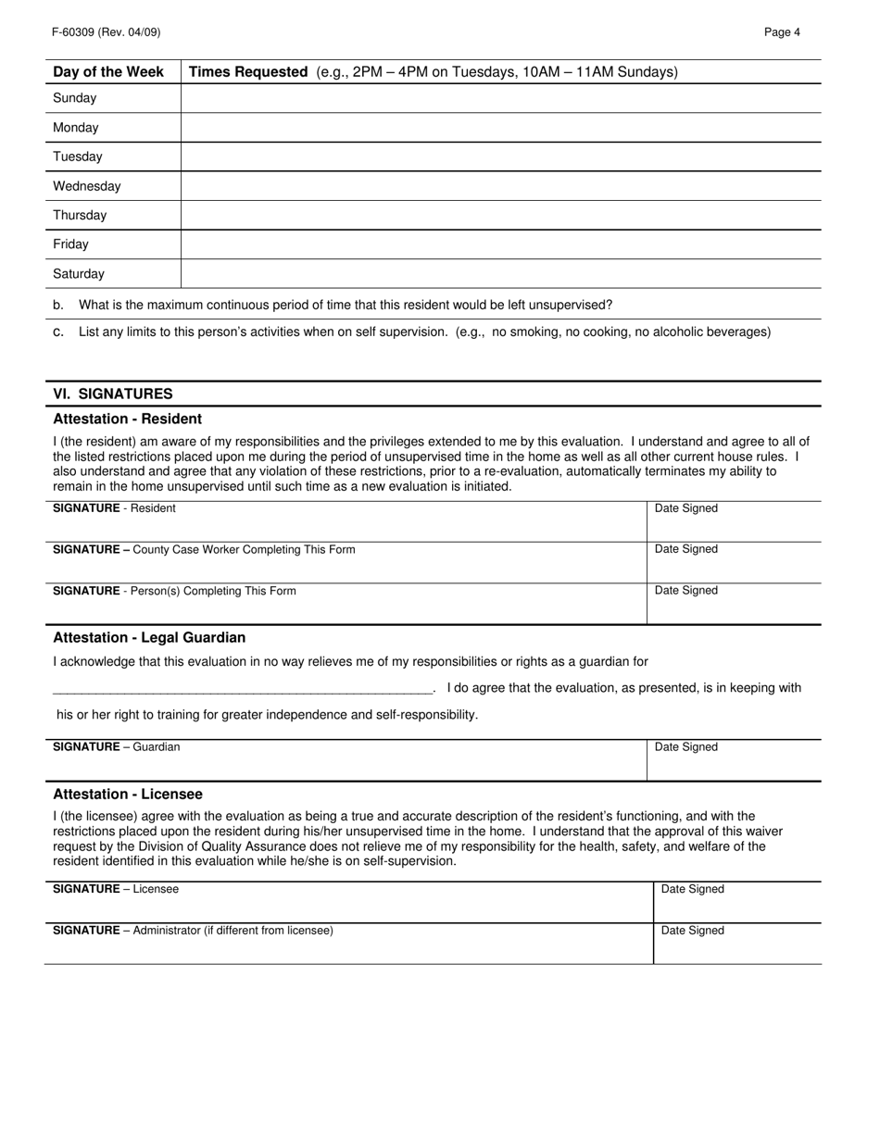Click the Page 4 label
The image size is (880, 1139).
tap(782, 32)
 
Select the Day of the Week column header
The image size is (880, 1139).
tap(108, 72)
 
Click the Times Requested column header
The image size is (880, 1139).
tap(248, 72)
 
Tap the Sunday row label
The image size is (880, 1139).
tap(75, 98)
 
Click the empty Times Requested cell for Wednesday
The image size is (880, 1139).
tap(500, 186)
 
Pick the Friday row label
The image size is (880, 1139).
tap(71, 244)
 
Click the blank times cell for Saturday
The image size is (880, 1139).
tap(500, 274)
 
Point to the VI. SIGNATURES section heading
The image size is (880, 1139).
tap(113, 394)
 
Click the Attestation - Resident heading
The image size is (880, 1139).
tap(127, 419)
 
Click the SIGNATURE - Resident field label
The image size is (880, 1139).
tap(114, 508)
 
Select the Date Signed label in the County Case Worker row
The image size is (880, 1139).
tap(685, 549)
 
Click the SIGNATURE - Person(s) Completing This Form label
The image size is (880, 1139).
tap(174, 591)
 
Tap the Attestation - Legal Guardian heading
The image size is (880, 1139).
tap(149, 638)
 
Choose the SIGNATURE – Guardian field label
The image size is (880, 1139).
tap(117, 747)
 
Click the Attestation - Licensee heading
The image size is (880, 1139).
tap(128, 795)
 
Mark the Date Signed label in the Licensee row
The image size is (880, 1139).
tap(692, 889)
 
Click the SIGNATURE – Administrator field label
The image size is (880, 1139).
tap(193, 931)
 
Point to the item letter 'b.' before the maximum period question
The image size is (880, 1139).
tap(58, 305)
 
